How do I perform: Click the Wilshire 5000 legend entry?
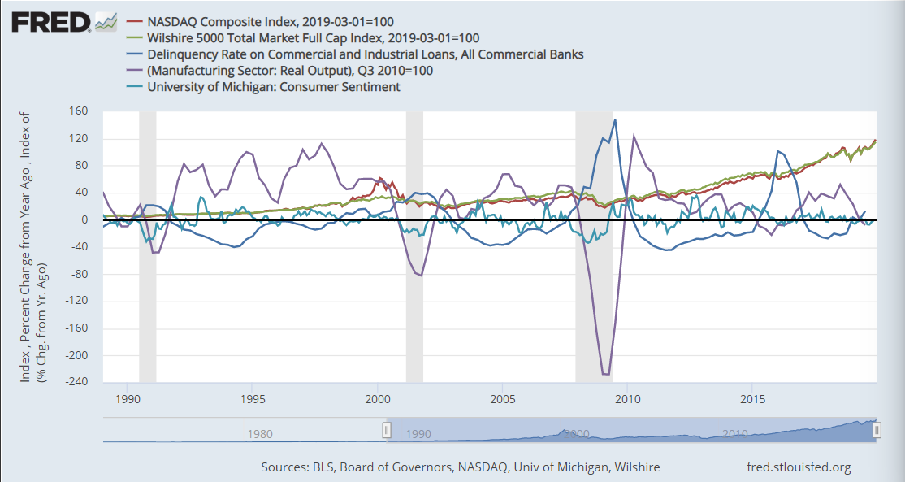click(313, 37)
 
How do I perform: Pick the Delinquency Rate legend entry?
click(365, 54)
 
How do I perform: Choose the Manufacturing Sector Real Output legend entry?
click(290, 70)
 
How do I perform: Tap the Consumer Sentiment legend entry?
click(274, 86)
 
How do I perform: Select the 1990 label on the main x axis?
click(128, 399)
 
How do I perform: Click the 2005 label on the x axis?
click(503, 399)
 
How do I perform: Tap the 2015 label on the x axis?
click(753, 399)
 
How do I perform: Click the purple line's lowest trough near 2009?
click(605, 374)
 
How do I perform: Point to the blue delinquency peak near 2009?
click(615, 120)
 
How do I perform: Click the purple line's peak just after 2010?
click(634, 137)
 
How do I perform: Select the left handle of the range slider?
click(388, 430)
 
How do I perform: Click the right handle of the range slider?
click(876, 430)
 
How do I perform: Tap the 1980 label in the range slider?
click(260, 434)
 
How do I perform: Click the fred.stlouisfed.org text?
click(799, 467)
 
